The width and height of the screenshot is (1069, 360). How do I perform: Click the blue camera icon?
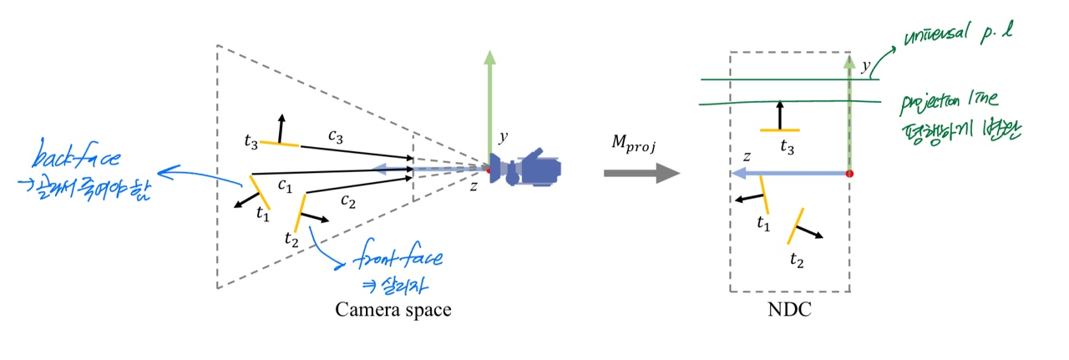pyautogui.click(x=529, y=168)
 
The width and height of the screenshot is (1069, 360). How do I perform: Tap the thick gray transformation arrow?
pyautogui.click(x=641, y=174)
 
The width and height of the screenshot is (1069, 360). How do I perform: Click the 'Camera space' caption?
pyautogui.click(x=393, y=310)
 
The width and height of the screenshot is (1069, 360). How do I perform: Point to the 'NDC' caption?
pyautogui.click(x=789, y=310)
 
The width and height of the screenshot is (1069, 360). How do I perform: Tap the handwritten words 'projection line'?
pyautogui.click(x=952, y=105)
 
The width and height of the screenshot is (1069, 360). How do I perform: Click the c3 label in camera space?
pyautogui.click(x=336, y=135)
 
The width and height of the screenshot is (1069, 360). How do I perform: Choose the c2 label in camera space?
pyautogui.click(x=348, y=200)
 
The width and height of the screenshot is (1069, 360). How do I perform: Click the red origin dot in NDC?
pyautogui.click(x=850, y=174)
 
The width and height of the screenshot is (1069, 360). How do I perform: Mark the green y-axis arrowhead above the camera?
pyautogui.click(x=489, y=58)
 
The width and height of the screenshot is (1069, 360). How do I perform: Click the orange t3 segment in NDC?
pyautogui.click(x=780, y=130)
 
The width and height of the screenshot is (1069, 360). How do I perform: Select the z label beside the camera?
pyautogui.click(x=474, y=186)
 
